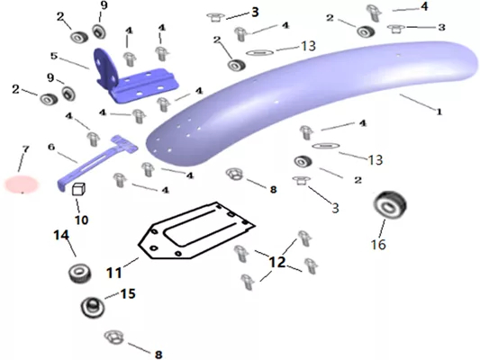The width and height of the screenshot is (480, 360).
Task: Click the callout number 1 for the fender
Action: (x=439, y=112)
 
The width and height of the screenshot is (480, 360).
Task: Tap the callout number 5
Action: (x=54, y=56)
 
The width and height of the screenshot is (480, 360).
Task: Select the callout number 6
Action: (x=51, y=147)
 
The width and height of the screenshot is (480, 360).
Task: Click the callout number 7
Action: (x=26, y=149)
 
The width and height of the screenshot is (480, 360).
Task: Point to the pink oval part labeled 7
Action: (x=22, y=184)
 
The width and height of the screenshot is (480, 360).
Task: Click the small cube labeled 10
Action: (x=78, y=189)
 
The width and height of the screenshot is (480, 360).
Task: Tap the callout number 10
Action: (x=81, y=220)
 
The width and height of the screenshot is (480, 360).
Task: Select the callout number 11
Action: (x=113, y=272)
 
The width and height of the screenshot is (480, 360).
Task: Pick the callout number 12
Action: (x=277, y=262)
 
